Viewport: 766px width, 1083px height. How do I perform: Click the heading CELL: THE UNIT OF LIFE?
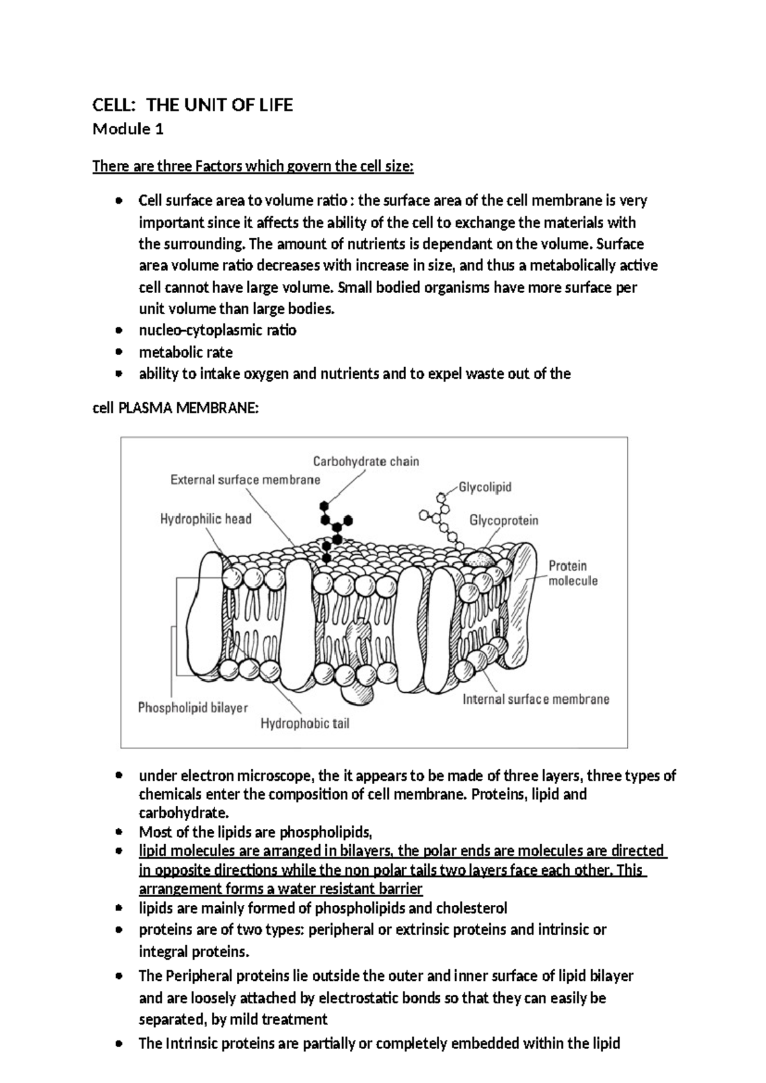point(193,105)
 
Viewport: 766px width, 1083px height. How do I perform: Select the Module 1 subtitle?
point(128,130)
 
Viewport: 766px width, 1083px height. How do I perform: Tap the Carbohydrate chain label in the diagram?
point(366,461)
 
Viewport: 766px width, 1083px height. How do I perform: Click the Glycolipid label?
point(485,487)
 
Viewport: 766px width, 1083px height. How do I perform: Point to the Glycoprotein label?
point(504,520)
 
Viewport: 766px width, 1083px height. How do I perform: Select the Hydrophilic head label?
point(206,519)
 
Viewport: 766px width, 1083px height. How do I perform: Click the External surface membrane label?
point(245,480)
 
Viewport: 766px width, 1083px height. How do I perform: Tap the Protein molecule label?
point(573,573)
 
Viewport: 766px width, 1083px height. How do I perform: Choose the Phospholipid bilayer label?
point(193,708)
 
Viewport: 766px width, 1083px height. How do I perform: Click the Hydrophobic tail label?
point(304,723)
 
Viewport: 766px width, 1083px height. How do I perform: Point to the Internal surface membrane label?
point(536,699)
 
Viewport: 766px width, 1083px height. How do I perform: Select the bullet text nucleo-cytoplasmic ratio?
point(217,331)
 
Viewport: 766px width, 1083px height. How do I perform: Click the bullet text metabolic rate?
point(186,352)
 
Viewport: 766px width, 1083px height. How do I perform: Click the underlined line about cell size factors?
point(253,167)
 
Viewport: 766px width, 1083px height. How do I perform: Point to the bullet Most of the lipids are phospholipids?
point(255,832)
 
